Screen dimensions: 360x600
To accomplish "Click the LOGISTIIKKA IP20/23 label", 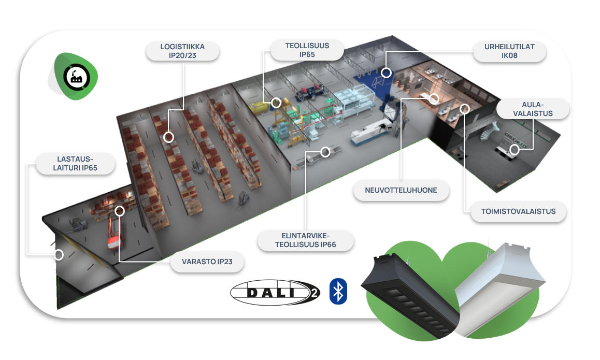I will tap(183, 51).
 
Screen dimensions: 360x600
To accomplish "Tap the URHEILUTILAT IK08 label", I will tap(509, 51).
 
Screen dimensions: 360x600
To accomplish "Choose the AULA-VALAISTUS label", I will tap(533, 109).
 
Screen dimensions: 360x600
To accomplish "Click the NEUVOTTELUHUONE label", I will tap(401, 190).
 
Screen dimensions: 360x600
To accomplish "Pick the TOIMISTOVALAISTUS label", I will tap(518, 211).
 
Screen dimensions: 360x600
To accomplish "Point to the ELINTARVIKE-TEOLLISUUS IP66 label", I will tap(306, 240).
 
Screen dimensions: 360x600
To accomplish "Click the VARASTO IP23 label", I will tap(207, 262).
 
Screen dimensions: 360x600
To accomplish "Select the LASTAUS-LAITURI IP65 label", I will tap(74, 163).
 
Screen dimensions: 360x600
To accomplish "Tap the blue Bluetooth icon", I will tap(338, 291).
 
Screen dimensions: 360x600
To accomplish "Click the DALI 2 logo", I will tap(275, 293).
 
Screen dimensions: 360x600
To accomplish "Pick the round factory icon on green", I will tap(76, 77).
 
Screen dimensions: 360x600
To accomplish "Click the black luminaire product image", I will tap(409, 293).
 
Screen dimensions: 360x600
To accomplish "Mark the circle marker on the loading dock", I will tap(59, 255).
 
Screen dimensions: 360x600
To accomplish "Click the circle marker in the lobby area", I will tap(514, 150).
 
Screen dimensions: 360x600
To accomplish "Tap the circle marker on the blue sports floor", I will tap(386, 73).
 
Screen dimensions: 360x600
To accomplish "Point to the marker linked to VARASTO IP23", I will tap(120, 211).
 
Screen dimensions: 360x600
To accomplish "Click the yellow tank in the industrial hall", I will tap(258, 107).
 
